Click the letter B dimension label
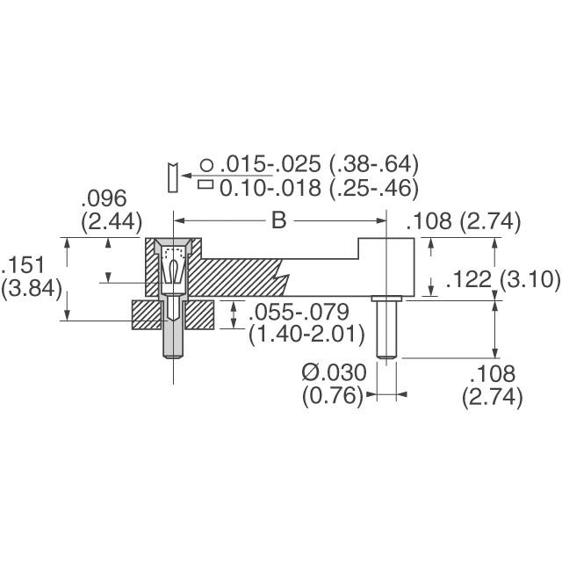coord(277,221)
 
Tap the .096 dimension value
coord(104,198)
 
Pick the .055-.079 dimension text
coord(299,313)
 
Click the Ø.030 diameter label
coord(334,373)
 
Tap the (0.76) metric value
coord(332,396)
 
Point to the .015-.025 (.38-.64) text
coord(321,164)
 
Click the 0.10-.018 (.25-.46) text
coord(318,187)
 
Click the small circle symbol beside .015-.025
coord(205,164)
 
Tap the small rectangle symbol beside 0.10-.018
coord(205,185)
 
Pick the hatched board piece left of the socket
coord(147,315)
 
